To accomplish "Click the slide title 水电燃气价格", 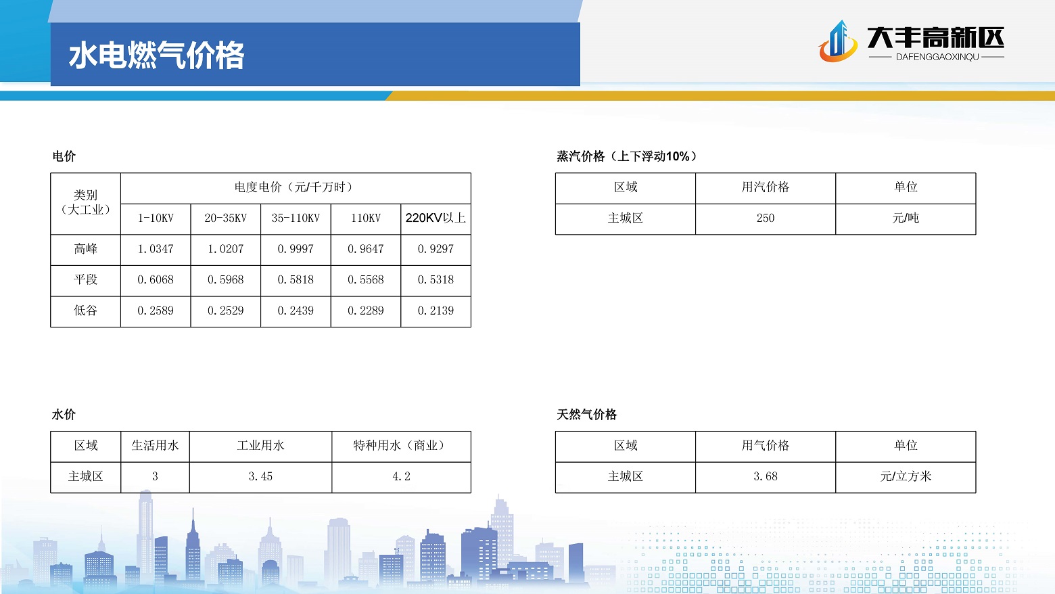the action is coord(156,55).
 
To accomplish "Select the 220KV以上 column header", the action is coord(436,218).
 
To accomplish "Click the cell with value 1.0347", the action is coord(156,249).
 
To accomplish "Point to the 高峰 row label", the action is coord(85,249).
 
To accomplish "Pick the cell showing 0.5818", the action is coord(296,280).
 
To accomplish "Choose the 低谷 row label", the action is coord(85,311).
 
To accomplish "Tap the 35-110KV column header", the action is coord(296,218).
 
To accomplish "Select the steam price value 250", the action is coord(766,218).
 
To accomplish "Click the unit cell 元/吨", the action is coord(906,218).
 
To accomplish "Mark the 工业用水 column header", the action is coord(260,446).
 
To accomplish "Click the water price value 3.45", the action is coord(260,477).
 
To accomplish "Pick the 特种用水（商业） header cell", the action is coord(401,446).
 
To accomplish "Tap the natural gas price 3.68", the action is coord(766,477).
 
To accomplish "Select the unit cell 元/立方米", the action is coord(906,476).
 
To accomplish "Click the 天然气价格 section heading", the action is coord(586,415).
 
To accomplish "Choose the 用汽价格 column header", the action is coord(766,187).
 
